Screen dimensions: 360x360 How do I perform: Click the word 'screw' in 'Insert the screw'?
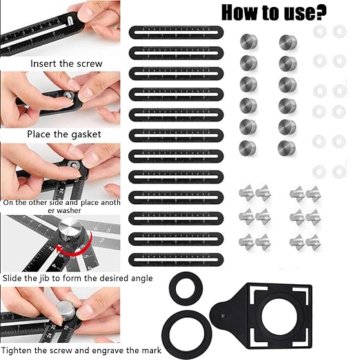click(x=90, y=63)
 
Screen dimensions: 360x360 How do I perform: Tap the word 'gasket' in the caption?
click(x=86, y=135)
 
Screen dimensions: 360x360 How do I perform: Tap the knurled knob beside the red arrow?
click(x=70, y=231)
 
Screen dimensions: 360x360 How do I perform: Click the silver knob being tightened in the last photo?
click(x=66, y=310)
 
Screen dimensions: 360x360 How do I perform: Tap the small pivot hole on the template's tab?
click(x=223, y=316)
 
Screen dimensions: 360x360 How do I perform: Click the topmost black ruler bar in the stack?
click(x=176, y=32)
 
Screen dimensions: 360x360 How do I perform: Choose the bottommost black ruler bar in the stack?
click(x=176, y=260)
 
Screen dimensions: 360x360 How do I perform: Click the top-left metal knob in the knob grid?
click(x=249, y=41)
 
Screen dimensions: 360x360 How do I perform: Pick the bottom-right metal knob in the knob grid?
click(x=286, y=148)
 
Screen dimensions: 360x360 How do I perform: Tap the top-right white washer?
click(x=339, y=32)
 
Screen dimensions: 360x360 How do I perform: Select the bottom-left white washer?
click(x=319, y=172)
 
